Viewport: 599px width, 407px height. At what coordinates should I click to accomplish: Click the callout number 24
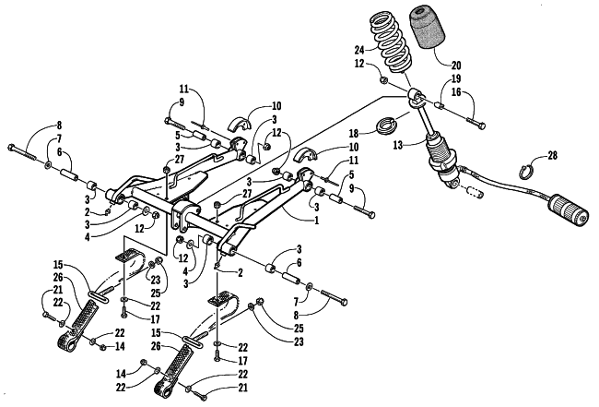(x=360, y=49)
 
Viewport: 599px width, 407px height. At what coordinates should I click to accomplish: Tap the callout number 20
(x=456, y=66)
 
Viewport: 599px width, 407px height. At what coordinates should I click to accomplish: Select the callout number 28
(x=552, y=156)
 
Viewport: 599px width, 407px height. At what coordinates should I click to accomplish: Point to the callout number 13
(x=398, y=145)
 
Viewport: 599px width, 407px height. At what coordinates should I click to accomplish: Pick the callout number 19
(x=456, y=79)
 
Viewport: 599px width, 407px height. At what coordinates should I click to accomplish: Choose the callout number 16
(x=456, y=91)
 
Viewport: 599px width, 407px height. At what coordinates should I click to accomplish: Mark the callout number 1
(x=316, y=221)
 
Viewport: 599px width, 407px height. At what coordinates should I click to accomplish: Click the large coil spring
(x=390, y=42)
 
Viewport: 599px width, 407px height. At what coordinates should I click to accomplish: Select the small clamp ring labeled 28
(x=525, y=172)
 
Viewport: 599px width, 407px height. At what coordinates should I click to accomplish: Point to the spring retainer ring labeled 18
(x=385, y=126)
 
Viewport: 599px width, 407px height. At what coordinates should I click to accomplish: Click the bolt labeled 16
(x=476, y=123)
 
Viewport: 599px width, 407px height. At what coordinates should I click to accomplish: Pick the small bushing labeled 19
(x=440, y=104)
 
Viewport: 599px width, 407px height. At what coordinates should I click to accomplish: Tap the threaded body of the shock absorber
(x=441, y=156)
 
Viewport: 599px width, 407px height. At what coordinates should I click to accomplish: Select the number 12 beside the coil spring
(x=359, y=63)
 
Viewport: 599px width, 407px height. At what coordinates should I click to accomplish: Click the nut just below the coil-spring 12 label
(x=384, y=80)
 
